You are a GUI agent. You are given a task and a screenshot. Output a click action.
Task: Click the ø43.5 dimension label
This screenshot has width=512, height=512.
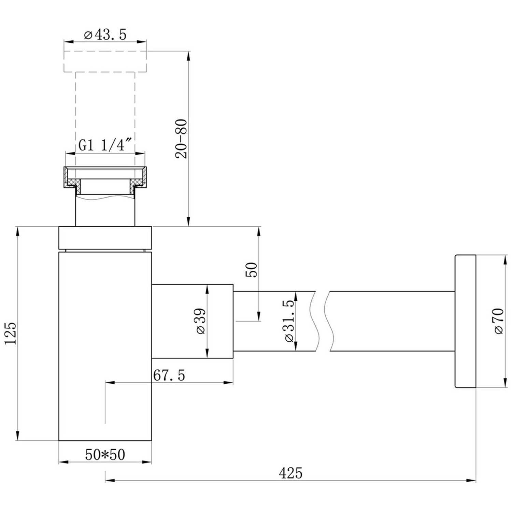(105, 35)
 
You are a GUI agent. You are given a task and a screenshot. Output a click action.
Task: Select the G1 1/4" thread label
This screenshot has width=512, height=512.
(105, 145)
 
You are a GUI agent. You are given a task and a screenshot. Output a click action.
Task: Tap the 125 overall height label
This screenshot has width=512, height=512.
(11, 333)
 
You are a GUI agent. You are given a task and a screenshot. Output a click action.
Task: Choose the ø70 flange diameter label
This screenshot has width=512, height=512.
(498, 321)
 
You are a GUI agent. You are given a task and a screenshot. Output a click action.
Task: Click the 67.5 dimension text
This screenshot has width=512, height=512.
(169, 375)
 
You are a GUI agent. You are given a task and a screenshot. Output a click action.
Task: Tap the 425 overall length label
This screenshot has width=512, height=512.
(290, 473)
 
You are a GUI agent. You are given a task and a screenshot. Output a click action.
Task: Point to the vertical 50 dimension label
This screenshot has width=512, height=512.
(251, 270)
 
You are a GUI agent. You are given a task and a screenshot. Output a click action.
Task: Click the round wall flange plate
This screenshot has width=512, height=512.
(465, 321)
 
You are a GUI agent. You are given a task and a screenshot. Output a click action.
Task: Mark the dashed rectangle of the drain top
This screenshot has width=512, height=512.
(105, 62)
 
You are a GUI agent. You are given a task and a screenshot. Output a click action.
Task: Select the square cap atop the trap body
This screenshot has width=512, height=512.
(105, 238)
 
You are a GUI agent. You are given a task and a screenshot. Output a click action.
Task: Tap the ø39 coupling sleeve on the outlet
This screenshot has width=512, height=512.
(193, 321)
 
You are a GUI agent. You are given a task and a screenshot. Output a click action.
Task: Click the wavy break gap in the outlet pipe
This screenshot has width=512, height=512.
(322, 321)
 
